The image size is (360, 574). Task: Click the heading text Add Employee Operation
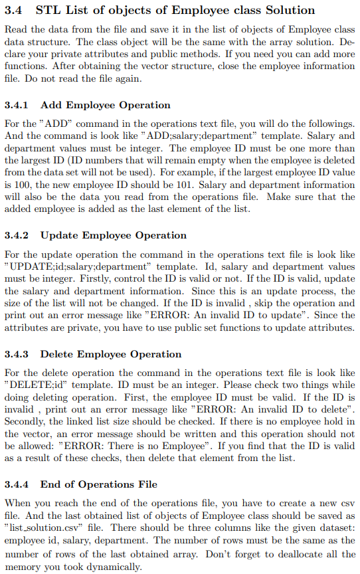(x=106, y=105)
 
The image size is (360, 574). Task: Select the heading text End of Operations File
(x=99, y=484)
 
